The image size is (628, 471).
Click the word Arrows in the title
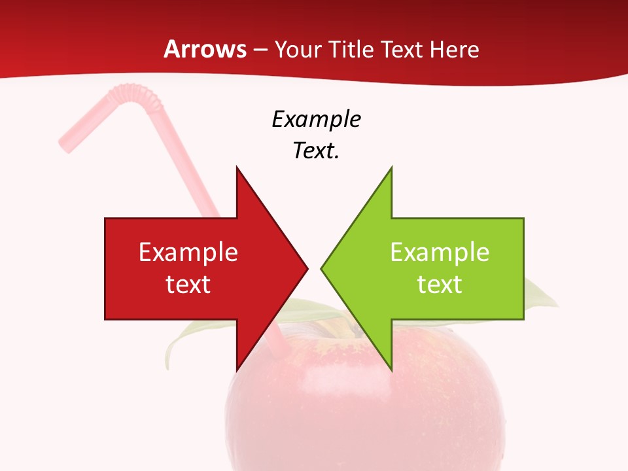click(x=205, y=49)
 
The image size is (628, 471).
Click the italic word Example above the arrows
click(x=316, y=120)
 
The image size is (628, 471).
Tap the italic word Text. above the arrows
click(x=316, y=150)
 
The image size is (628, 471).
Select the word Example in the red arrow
click(x=188, y=253)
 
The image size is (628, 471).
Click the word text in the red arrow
click(x=188, y=284)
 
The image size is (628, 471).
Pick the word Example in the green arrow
click(x=440, y=253)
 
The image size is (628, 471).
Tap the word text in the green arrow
click(x=440, y=284)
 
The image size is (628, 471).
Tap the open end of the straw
click(x=66, y=143)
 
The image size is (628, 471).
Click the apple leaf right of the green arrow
click(x=540, y=294)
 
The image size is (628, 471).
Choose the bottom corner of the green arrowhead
click(x=391, y=369)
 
